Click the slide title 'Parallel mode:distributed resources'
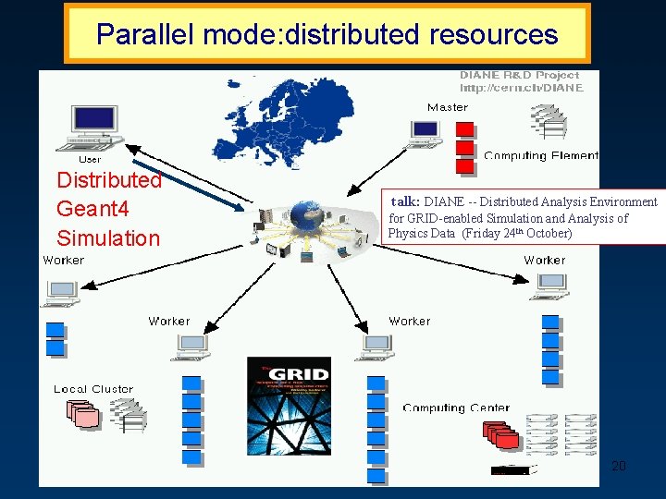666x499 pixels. tap(327, 34)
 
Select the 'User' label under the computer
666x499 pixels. tap(90, 159)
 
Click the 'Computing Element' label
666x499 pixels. tap(541, 155)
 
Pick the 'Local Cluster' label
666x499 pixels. tap(93, 389)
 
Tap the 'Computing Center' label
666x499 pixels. tap(456, 408)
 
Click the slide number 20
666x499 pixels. tap(618, 466)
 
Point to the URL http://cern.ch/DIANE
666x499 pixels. tap(522, 89)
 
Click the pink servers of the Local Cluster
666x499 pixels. tap(84, 416)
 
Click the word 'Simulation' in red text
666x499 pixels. tap(108, 238)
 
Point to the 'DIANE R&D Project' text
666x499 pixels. tap(520, 75)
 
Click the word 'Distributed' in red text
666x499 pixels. tap(109, 180)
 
